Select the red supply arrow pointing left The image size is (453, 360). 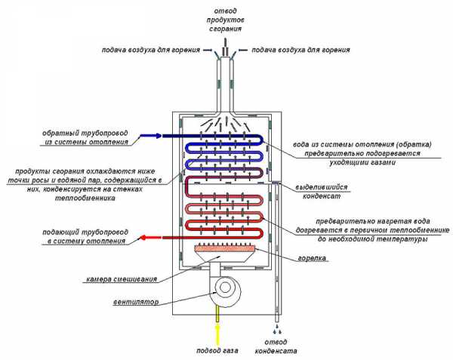[x=151, y=238]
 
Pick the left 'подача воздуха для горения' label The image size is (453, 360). [x=150, y=51]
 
